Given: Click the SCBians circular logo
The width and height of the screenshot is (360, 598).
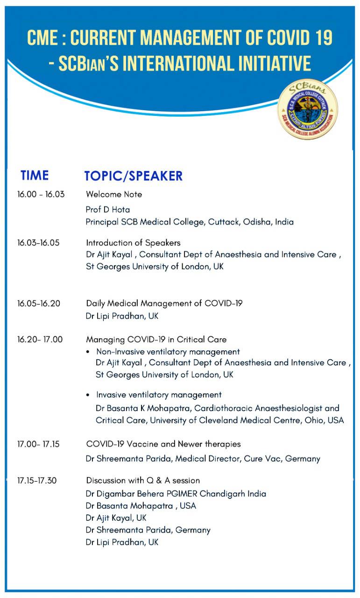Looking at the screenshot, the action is coord(308,109).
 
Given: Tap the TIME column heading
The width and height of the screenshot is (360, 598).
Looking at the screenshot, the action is coord(35,175).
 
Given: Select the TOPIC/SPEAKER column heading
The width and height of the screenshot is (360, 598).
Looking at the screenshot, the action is coord(134,176).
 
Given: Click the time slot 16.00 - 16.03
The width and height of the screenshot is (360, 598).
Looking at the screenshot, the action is coord(41,194).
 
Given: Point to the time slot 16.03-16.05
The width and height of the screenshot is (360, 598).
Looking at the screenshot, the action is coord(38,242).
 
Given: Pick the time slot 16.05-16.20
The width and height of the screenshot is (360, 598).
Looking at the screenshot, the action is coord(39,303).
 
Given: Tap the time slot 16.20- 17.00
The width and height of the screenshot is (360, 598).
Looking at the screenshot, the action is coord(40,339).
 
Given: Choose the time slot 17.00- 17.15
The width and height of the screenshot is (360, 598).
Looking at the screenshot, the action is coord(38,444).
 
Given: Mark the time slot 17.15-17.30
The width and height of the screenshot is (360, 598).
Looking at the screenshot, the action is coord(37,481).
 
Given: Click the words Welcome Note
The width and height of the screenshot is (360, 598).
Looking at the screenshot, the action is coord(114,194).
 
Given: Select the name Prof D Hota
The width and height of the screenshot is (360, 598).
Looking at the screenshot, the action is coord(108,210).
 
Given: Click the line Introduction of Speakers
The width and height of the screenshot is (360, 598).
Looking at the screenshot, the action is coord(133,243).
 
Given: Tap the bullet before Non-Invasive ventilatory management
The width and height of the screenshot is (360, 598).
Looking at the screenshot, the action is coord(88,352).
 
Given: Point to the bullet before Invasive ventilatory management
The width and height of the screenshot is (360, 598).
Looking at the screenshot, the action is coord(88,395).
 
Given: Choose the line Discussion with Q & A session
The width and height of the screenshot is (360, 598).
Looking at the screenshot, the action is coord(143,481).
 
